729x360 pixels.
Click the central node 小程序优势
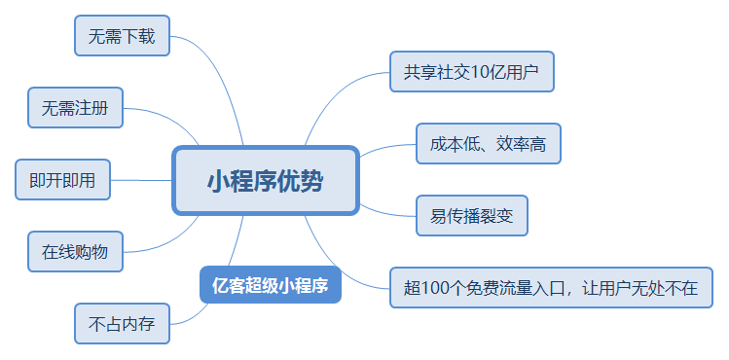pyautogui.click(x=266, y=181)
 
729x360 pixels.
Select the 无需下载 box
pyautogui.click(x=123, y=36)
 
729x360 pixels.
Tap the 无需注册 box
pyautogui.click(x=75, y=108)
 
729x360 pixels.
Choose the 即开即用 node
pyautogui.click(x=62, y=180)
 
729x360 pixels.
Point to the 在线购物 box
pyautogui.click(x=75, y=252)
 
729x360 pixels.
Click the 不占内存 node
pyautogui.click(x=123, y=324)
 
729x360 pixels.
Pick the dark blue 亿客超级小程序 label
pyautogui.click(x=271, y=285)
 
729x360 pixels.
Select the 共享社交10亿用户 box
pyautogui.click(x=472, y=72)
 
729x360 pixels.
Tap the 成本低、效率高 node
pyautogui.click(x=489, y=144)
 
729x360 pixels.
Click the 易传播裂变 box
pyautogui.click(x=472, y=216)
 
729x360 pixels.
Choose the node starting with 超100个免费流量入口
pyautogui.click(x=552, y=288)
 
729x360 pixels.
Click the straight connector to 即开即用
pyautogui.click(x=141, y=180)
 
